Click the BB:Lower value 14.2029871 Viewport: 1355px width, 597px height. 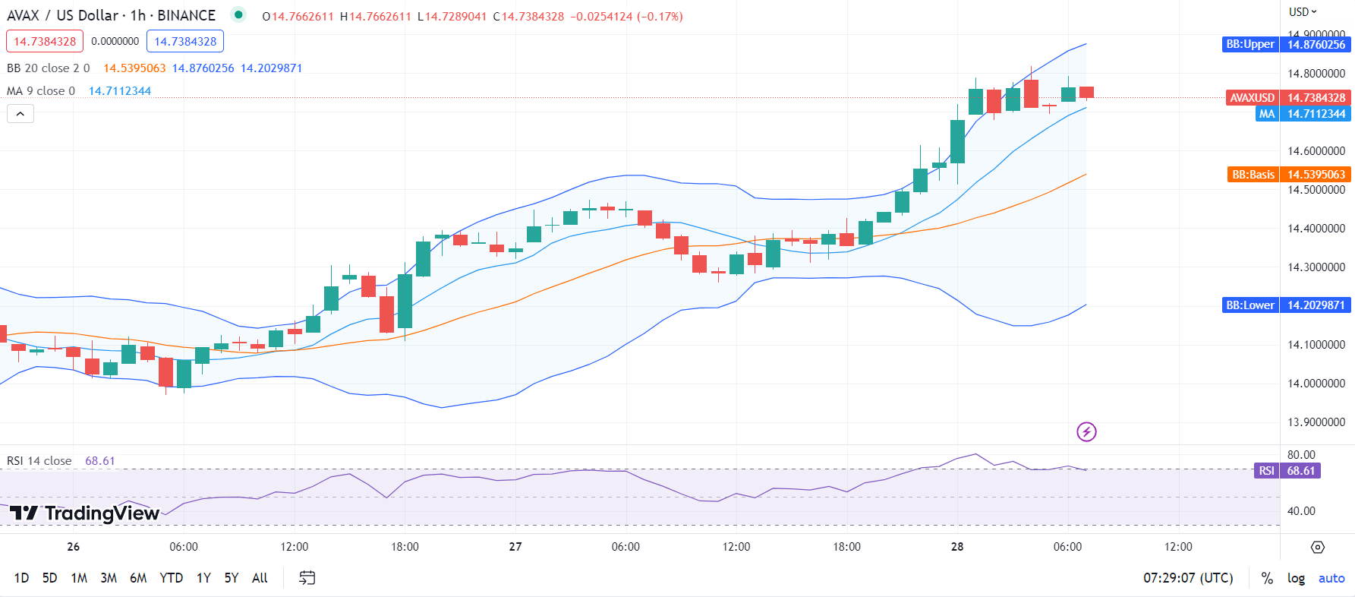(x=1316, y=305)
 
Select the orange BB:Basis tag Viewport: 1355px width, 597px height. (x=1253, y=175)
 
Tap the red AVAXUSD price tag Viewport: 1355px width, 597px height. (x=1252, y=98)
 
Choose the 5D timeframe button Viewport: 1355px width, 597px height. (x=49, y=578)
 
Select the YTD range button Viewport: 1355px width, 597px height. (x=171, y=578)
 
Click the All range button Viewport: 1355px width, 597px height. (x=260, y=578)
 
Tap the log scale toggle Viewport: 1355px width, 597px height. (x=1296, y=578)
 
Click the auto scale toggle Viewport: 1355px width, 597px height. (x=1331, y=578)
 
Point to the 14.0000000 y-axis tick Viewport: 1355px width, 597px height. (x=1316, y=384)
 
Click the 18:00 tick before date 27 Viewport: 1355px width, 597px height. (x=405, y=547)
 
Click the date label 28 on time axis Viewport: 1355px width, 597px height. (x=957, y=547)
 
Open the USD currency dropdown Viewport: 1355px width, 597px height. (x=1303, y=11)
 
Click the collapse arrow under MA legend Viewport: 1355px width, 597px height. (x=20, y=114)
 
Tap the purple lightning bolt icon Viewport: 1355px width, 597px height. (x=1086, y=432)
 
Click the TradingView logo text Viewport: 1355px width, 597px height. (x=85, y=513)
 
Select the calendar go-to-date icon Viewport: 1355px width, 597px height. (x=307, y=578)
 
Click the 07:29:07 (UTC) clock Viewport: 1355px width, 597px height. (x=1188, y=578)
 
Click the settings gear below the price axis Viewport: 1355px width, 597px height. (x=1318, y=547)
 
